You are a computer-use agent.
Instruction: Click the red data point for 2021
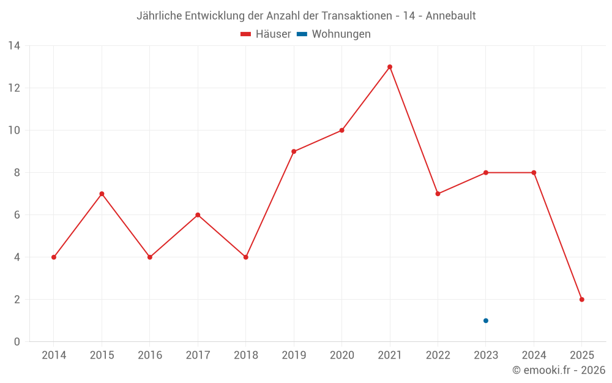pos(390,67)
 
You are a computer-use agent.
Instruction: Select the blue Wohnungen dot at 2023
pos(486,320)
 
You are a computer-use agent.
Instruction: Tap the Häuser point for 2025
pos(582,300)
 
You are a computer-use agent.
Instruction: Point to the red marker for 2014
pos(54,257)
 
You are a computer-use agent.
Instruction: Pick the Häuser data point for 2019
pos(294,151)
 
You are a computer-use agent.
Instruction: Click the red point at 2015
pos(102,194)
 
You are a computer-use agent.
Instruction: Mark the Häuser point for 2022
pos(438,194)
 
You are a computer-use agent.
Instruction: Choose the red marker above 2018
pos(246,257)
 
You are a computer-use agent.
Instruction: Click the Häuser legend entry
pos(266,34)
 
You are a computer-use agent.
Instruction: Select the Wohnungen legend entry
pos(334,34)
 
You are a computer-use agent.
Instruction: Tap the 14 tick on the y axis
pos(14,46)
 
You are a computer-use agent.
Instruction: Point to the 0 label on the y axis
pos(17,342)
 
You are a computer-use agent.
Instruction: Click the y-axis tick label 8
pos(17,173)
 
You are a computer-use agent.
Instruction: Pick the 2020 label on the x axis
pos(341,355)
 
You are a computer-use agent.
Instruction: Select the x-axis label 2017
pos(198,355)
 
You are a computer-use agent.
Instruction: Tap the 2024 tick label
pos(534,355)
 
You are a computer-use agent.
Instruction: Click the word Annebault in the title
pos(450,16)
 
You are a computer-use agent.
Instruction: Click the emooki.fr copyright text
pos(559,370)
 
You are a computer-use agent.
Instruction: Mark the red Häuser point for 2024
pos(534,173)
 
